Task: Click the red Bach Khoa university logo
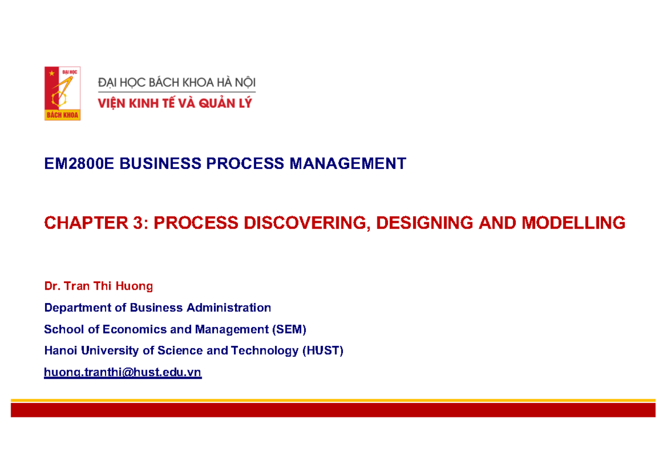(62, 93)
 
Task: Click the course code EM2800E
(79, 164)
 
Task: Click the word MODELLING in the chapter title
(573, 223)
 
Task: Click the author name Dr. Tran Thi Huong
(98, 286)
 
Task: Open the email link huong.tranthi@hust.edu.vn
(123, 373)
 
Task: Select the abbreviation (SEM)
(288, 330)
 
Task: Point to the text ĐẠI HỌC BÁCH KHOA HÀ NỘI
(177, 83)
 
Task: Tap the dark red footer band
(333, 410)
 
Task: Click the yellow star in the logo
(53, 73)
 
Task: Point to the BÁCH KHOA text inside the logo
(62, 116)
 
